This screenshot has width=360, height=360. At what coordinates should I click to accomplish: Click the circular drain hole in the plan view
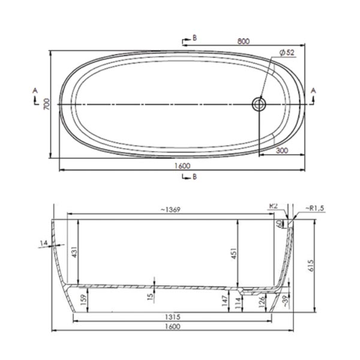(x=259, y=104)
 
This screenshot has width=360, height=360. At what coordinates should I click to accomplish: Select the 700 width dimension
(x=43, y=104)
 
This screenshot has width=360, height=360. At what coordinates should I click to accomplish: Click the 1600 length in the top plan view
(x=182, y=166)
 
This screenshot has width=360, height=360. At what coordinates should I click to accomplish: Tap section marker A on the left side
(x=35, y=91)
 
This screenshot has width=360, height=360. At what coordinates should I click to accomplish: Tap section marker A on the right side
(x=313, y=91)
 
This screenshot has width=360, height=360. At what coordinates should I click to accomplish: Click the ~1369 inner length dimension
(x=171, y=209)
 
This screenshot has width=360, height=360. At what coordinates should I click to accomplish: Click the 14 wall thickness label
(x=43, y=242)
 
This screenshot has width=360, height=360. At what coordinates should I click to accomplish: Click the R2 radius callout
(x=274, y=206)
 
